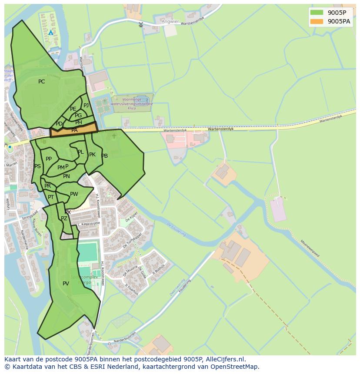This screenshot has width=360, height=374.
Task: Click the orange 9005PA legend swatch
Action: pyautogui.click(x=317, y=21)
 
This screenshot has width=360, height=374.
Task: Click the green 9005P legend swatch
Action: pyautogui.click(x=317, y=13)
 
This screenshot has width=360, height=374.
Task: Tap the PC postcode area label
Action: pyautogui.click(x=41, y=82)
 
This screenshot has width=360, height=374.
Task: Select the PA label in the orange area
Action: pyautogui.click(x=74, y=130)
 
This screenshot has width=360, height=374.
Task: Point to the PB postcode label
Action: pyautogui.click(x=104, y=156)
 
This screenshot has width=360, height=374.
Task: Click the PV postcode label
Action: pyautogui.click(x=66, y=284)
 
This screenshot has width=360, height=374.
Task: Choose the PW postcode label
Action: pyautogui.click(x=74, y=194)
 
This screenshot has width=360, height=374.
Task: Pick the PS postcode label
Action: pyautogui.click(x=37, y=166)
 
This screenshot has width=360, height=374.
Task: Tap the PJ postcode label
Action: pyautogui.click(x=86, y=105)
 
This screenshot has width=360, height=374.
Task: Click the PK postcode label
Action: pyautogui.click(x=92, y=155)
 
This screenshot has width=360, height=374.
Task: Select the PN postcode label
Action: pyautogui.click(x=67, y=176)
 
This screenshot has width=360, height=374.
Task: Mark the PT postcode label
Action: pyautogui.click(x=51, y=197)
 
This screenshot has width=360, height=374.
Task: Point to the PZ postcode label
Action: pyautogui.click(x=64, y=218)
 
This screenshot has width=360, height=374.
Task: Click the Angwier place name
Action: pyautogui.click(x=170, y=21)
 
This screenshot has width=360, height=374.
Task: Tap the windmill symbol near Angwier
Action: pyautogui.click(x=140, y=24)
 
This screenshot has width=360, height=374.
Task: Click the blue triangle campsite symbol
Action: pyautogui.click(x=51, y=33)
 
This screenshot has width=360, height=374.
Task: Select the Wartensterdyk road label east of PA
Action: pyautogui.click(x=175, y=130)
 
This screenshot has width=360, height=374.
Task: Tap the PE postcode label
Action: pyautogui.click(x=73, y=109)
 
